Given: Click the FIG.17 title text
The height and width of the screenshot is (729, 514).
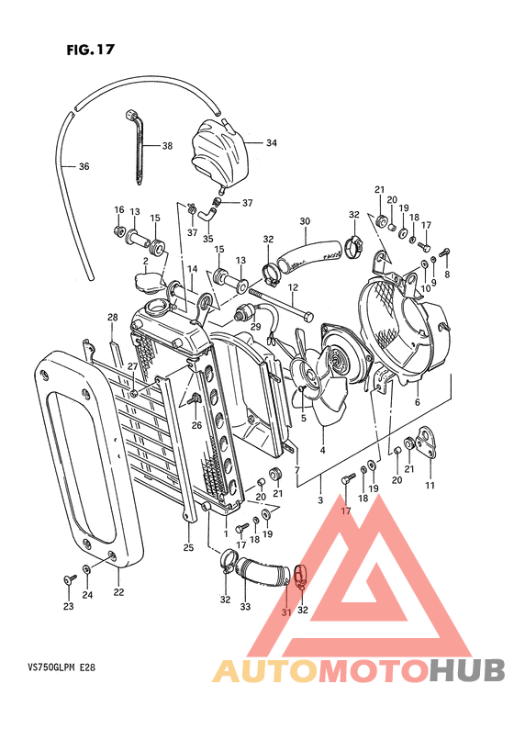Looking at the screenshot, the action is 90,50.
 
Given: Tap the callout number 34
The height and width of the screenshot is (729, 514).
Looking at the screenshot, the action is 272,142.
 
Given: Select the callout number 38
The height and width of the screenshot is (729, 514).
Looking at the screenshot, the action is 167,146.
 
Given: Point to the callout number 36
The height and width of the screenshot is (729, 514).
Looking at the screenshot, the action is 84,166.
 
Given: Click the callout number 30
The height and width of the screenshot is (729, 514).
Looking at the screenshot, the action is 305,221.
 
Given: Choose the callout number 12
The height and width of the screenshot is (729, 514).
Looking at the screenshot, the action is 293,287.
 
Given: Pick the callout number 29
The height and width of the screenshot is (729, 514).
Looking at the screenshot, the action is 255,327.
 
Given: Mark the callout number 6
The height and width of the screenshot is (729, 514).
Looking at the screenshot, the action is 417,403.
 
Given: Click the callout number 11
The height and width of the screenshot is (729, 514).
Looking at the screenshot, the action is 430,485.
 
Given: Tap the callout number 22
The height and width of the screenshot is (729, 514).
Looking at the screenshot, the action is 118,592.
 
